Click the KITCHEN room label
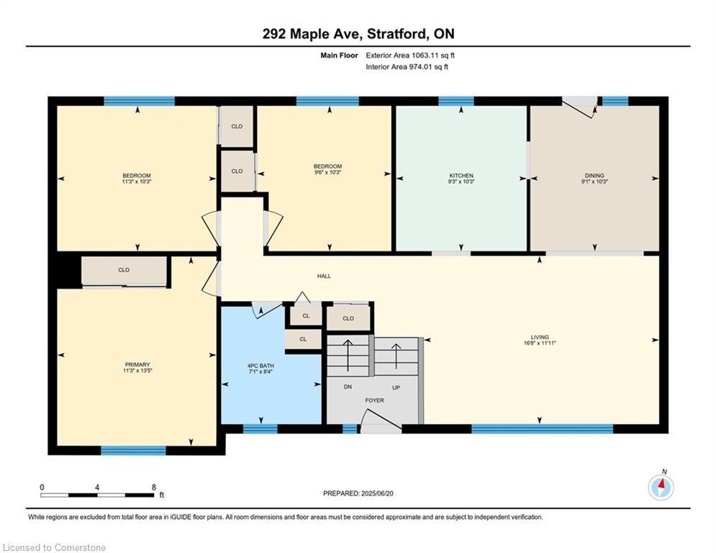click(x=461, y=176)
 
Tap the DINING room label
click(x=594, y=176)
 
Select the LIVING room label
click(x=540, y=337)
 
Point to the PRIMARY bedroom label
click(x=137, y=364)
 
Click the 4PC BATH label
click(x=260, y=366)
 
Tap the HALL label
click(x=325, y=276)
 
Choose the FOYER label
click(x=374, y=400)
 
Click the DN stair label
click(x=348, y=387)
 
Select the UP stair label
click(x=396, y=387)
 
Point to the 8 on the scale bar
click(x=154, y=487)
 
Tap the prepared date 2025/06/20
click(x=377, y=493)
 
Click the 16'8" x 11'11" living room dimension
click(x=540, y=343)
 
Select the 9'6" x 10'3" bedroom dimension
click(x=327, y=172)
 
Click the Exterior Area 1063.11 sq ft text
click(x=410, y=55)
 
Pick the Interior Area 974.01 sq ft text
click(x=407, y=67)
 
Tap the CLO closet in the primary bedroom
click(x=124, y=270)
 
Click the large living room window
click(x=542, y=428)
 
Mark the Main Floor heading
click(x=339, y=55)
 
